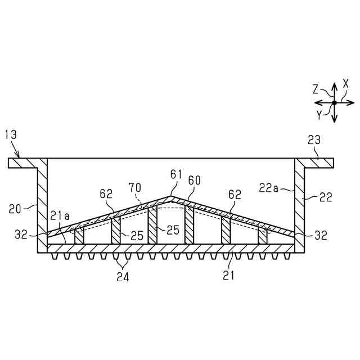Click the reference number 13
click(x=10, y=134)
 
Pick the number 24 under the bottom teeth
click(x=122, y=276)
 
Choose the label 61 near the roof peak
click(x=177, y=175)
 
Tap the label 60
click(x=194, y=180)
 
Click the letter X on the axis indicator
click(x=346, y=82)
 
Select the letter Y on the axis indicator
click(x=319, y=114)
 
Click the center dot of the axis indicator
click(x=334, y=102)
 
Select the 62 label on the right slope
click(x=235, y=195)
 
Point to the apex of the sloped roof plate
click(x=171, y=197)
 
